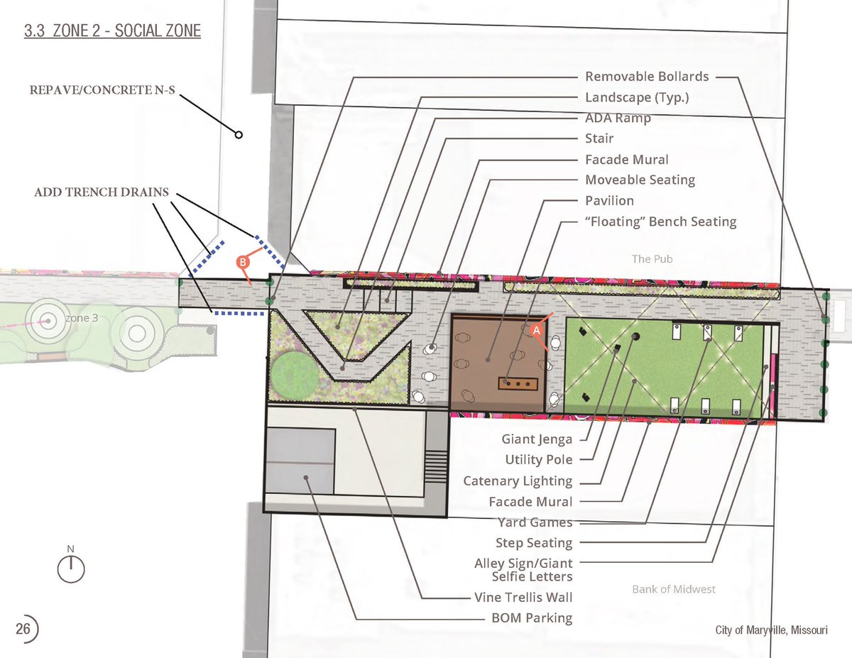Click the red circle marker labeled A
tap(536, 330)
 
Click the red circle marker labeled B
tap(243, 262)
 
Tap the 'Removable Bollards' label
tap(647, 77)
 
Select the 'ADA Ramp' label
tap(618, 118)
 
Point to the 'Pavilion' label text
tap(609, 201)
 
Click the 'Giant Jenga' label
tap(537, 439)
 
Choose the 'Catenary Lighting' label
tap(518, 481)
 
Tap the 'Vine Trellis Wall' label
tap(523, 597)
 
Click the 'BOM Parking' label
tap(532, 618)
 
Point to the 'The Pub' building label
tap(652, 259)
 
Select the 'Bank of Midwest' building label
tap(674, 589)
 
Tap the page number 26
tap(23, 629)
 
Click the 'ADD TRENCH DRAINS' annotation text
tap(102, 192)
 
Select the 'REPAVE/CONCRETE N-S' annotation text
tap(102, 90)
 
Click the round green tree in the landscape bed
tap(295, 374)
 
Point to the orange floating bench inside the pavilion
tap(518, 384)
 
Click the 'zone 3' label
tap(82, 318)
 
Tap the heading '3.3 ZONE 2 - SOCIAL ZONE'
tap(112, 31)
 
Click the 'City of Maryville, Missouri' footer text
tap(771, 630)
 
